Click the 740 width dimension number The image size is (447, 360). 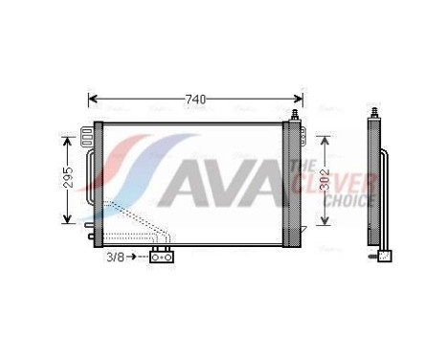(x=195, y=99)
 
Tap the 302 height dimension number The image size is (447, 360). (x=326, y=179)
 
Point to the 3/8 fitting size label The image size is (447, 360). (x=116, y=256)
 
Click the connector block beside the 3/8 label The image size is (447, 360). (x=160, y=256)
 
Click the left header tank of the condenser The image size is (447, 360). (x=97, y=177)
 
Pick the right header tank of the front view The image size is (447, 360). (x=295, y=177)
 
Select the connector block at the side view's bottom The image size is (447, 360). (x=383, y=256)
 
